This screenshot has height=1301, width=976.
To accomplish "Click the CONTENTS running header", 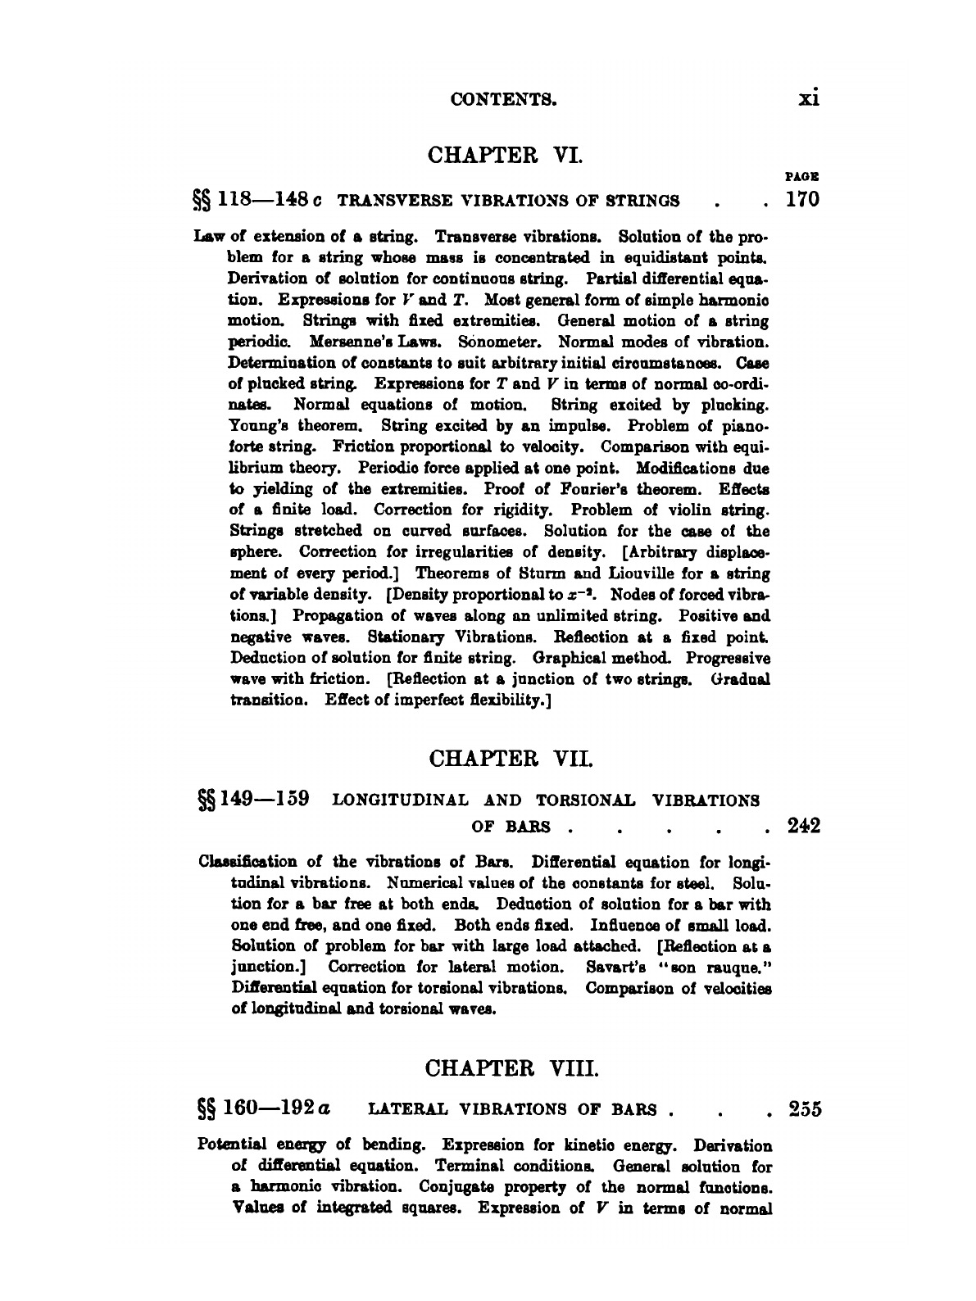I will [x=504, y=100].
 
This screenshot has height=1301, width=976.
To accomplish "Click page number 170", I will [x=802, y=200].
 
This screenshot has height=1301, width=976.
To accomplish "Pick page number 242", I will [x=804, y=824].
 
